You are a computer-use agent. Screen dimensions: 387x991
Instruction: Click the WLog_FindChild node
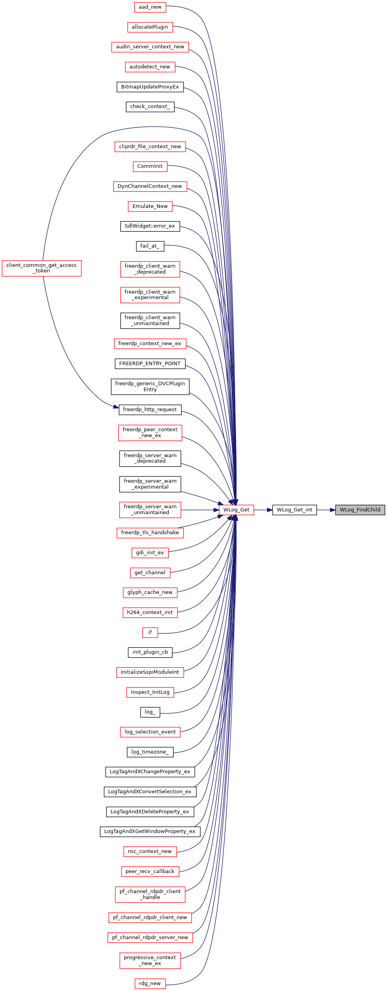point(360,510)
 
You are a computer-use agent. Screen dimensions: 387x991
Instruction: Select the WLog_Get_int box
point(295,510)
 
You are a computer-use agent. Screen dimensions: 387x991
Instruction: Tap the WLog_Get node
point(236,510)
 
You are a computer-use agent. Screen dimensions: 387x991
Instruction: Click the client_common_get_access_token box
point(42,268)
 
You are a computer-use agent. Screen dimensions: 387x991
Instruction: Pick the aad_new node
point(150,7)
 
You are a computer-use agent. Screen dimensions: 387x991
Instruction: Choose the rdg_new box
point(150,984)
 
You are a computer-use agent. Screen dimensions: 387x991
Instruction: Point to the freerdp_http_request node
point(150,410)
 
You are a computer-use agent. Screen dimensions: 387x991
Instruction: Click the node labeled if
point(150,632)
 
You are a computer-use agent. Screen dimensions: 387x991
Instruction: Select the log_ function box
point(150,712)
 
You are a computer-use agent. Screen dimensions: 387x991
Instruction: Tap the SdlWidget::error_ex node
point(150,226)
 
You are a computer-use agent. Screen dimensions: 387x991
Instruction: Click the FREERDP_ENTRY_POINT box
point(150,364)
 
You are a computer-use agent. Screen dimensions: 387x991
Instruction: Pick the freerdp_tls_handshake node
point(150,533)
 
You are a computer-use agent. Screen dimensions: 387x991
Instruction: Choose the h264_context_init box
point(150,612)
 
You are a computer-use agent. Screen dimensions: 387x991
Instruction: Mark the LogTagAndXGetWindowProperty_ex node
point(150,831)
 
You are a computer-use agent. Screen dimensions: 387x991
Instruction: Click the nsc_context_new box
point(150,851)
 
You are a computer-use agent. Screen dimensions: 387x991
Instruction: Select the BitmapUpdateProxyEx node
point(150,87)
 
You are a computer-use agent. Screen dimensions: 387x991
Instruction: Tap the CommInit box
point(150,166)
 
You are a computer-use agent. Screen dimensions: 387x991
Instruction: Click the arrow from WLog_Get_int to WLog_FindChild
point(326,510)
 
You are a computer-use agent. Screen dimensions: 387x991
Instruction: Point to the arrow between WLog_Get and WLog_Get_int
point(263,510)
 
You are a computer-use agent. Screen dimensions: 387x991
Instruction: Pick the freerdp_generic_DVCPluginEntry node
point(150,387)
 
